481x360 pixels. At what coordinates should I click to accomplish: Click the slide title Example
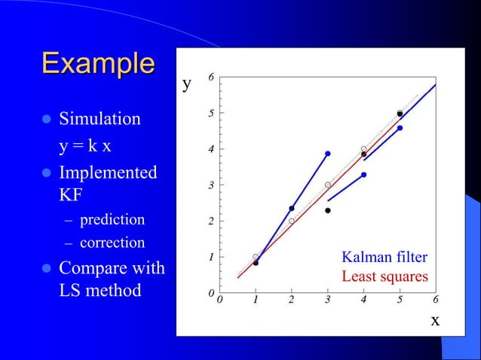(x=98, y=63)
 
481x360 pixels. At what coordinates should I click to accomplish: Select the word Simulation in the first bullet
(x=100, y=119)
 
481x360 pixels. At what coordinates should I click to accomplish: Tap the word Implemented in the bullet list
(x=108, y=172)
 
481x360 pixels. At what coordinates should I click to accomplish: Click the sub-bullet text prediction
(x=112, y=220)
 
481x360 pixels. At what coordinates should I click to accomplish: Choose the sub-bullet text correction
(x=112, y=243)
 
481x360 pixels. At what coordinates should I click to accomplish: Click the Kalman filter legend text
(x=384, y=258)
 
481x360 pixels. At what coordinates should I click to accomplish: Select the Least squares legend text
(x=384, y=276)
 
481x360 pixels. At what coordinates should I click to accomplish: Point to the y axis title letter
(x=187, y=84)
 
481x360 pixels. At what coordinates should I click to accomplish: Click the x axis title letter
(x=434, y=320)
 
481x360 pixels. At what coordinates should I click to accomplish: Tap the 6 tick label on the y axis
(x=211, y=78)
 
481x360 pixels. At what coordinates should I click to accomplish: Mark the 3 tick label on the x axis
(x=327, y=301)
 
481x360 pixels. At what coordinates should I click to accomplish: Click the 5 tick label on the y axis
(x=211, y=114)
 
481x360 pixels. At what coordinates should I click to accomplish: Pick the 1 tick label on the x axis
(x=256, y=301)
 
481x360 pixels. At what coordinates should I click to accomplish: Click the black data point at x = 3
(x=328, y=210)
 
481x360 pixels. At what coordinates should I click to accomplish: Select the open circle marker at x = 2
(x=292, y=221)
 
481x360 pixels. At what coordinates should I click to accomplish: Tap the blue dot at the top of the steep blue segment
(x=327, y=154)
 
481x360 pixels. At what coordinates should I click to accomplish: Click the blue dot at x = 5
(x=400, y=128)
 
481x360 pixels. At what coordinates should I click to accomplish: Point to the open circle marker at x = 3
(x=327, y=185)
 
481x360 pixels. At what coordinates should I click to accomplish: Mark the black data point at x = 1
(x=256, y=263)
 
